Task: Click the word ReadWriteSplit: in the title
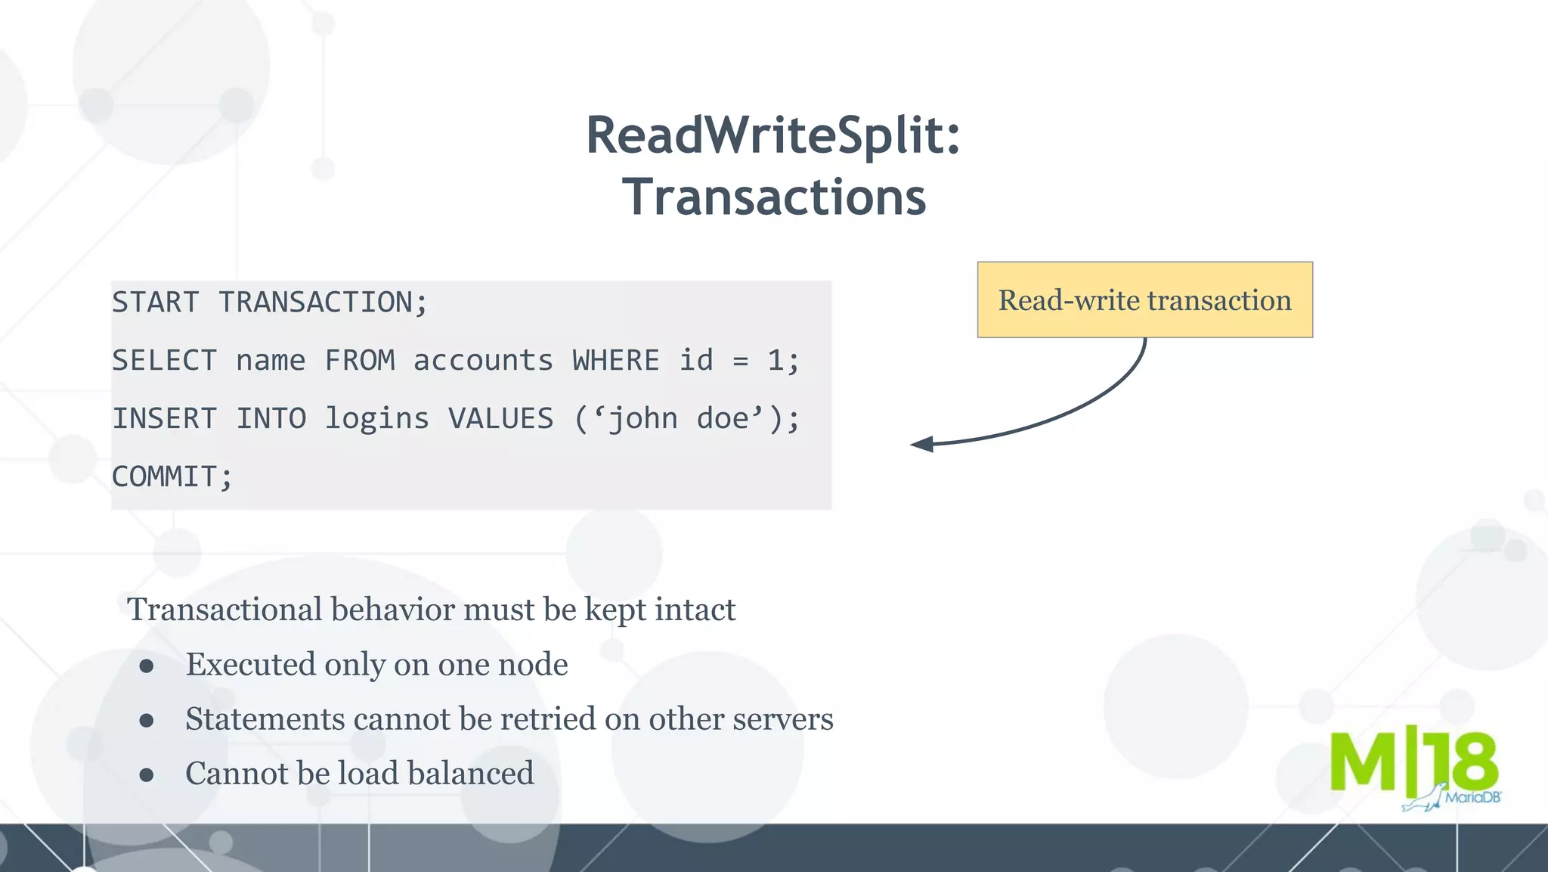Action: click(773, 135)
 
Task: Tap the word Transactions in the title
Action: click(774, 197)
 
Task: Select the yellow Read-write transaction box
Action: click(1144, 300)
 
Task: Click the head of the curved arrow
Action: click(921, 445)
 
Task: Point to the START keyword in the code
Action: click(156, 303)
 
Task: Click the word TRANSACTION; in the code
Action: click(324, 303)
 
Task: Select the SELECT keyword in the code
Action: click(165, 361)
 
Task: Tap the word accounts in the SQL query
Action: click(483, 361)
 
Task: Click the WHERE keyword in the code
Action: click(616, 361)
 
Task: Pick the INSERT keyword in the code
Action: click(165, 419)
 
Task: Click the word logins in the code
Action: click(376, 419)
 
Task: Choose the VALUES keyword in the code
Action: click(500, 419)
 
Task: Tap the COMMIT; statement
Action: click(172, 477)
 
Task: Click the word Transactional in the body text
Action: click(224, 610)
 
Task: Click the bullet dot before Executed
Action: click(147, 666)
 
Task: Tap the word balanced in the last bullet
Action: click(470, 774)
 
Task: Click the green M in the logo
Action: click(1363, 762)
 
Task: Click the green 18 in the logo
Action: click(1460, 762)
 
